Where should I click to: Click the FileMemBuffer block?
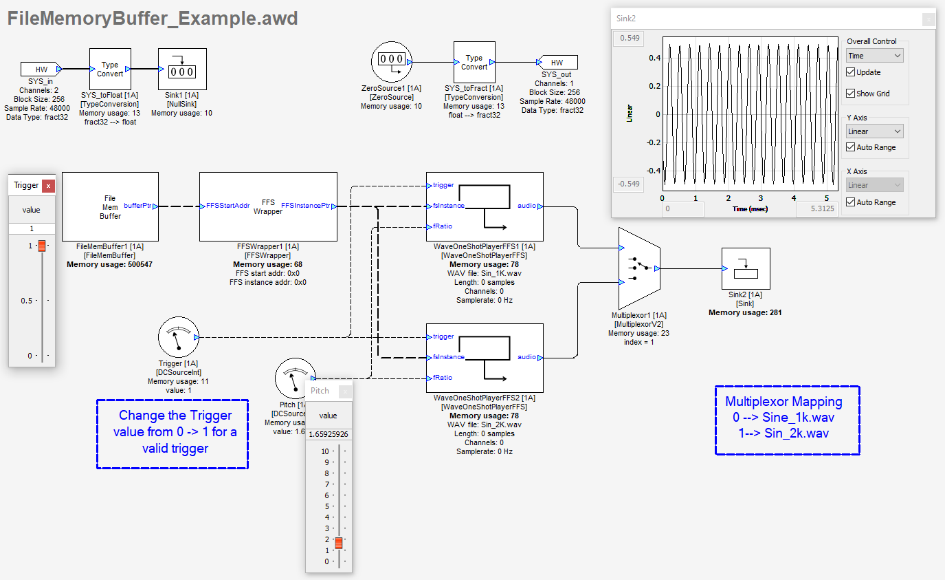coord(110,206)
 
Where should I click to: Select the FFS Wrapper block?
coord(268,206)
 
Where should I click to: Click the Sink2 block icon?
coord(746,269)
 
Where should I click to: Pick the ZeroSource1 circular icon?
coord(391,62)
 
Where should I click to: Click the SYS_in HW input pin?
coord(41,69)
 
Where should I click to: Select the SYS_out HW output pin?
coord(557,63)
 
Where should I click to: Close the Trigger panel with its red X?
coord(48,185)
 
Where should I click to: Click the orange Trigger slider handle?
coord(42,246)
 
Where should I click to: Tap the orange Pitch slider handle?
coord(339,543)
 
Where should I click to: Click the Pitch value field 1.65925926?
coord(329,434)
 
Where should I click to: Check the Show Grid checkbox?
coord(851,94)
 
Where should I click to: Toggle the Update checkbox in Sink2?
coord(851,72)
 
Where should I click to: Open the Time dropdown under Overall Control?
coord(874,55)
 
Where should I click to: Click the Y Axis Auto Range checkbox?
coord(851,147)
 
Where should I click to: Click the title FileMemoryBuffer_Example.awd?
coord(153,19)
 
